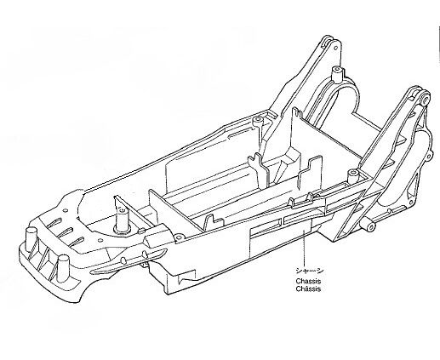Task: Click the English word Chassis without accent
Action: (308, 281)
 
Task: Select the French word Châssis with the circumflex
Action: (308, 289)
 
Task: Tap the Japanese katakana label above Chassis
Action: (308, 271)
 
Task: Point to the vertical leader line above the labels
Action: (304, 248)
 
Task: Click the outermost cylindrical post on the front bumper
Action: (31, 239)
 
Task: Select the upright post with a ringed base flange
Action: (123, 220)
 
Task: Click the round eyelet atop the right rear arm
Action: (425, 98)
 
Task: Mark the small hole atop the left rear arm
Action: (336, 48)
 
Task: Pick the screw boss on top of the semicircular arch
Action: (336, 74)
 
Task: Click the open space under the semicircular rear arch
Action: (340, 105)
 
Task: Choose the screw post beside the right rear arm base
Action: (353, 176)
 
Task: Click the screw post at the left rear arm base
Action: (258, 122)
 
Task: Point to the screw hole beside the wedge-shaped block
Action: (178, 237)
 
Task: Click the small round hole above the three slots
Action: (66, 210)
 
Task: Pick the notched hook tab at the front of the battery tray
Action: (210, 222)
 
